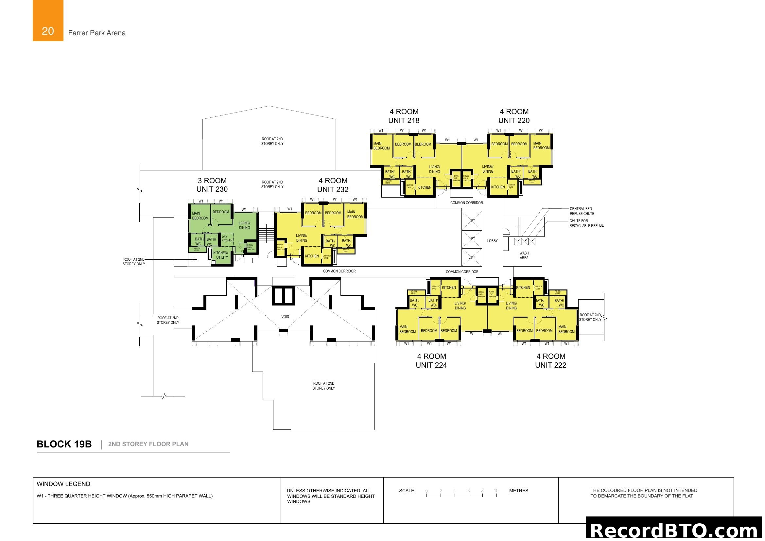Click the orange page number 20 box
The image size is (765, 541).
(x=48, y=21)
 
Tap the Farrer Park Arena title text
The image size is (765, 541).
(x=96, y=33)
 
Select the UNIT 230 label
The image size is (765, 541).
(x=212, y=189)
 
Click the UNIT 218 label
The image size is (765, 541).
(x=404, y=120)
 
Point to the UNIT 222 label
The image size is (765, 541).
(x=550, y=365)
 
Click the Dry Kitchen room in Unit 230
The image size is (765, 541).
(x=227, y=238)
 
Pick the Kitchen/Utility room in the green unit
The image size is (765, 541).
(x=220, y=255)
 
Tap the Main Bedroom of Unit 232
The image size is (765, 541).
(x=355, y=214)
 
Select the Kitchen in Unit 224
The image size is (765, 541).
(x=449, y=288)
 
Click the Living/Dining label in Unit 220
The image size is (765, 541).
(x=488, y=169)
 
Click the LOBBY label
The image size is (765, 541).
(x=492, y=240)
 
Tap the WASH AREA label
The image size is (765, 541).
(x=524, y=255)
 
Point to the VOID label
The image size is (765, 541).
(x=285, y=317)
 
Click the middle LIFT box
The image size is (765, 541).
(x=472, y=239)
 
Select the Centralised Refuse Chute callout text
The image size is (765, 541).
(x=582, y=211)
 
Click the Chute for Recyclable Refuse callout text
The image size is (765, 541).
(x=586, y=223)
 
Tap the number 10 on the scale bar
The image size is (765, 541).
(x=496, y=491)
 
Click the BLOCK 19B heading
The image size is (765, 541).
(x=64, y=444)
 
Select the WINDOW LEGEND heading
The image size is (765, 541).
(x=63, y=484)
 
